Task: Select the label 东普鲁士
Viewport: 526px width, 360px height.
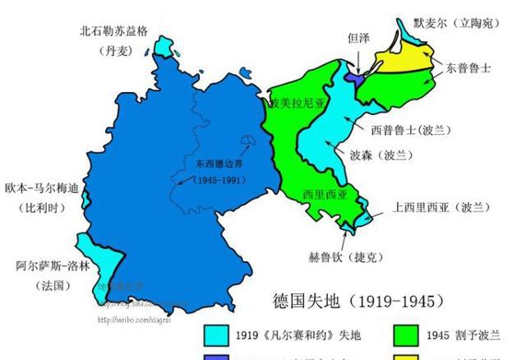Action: [469, 69]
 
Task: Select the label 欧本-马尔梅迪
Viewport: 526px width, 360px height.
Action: [40, 188]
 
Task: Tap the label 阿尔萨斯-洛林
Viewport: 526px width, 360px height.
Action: [47, 266]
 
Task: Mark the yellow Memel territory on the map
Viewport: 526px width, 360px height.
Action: [403, 61]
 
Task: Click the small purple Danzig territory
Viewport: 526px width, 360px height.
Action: [354, 76]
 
